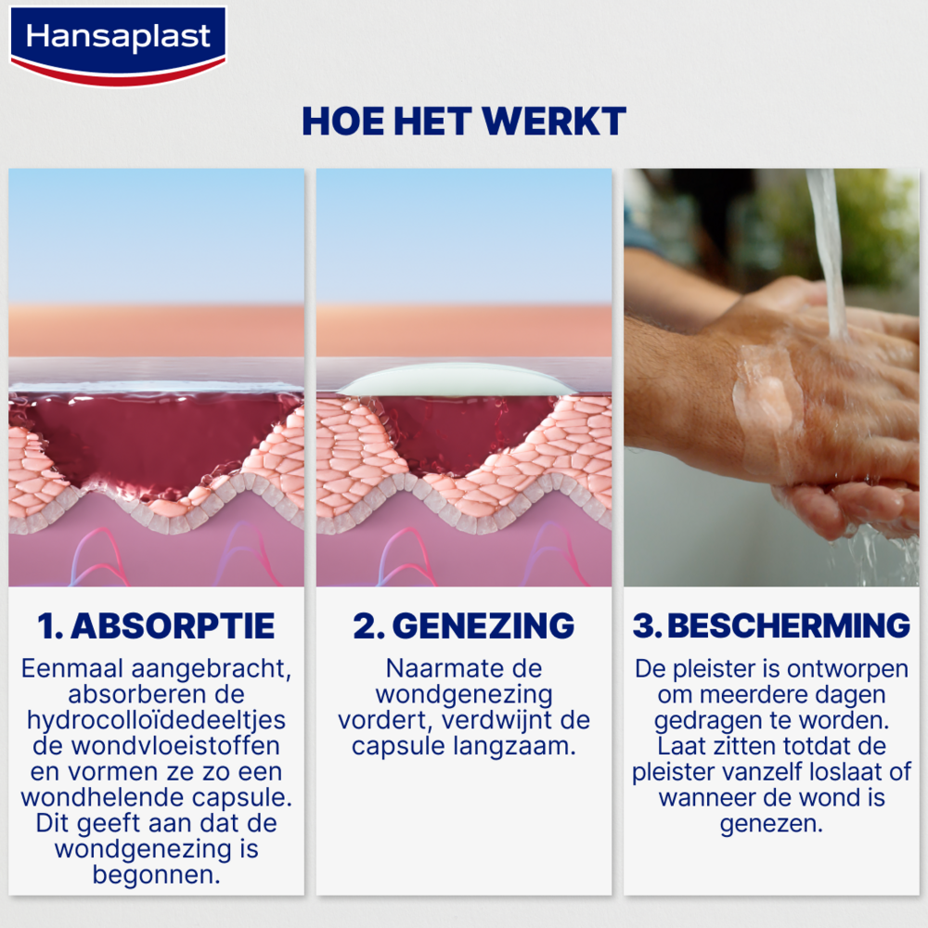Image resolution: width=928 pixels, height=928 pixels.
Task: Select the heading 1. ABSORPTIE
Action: point(156,625)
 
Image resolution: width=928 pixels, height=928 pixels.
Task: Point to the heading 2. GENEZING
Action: point(463,625)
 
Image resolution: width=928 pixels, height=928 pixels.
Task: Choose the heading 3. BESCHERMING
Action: point(771,625)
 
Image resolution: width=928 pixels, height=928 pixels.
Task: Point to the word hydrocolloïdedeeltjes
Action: point(156,720)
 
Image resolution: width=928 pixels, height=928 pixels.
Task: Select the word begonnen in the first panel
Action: point(156,874)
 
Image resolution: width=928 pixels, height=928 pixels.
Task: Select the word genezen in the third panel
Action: point(770,824)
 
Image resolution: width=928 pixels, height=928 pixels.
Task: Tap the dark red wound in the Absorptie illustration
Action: point(148,441)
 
